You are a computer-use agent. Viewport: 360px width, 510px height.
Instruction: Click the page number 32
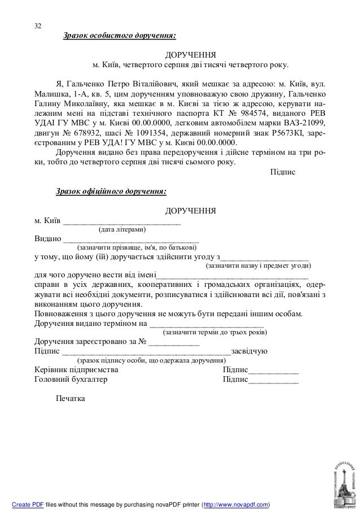tap(38, 27)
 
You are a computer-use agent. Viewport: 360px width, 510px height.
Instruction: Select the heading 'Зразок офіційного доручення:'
tap(111, 191)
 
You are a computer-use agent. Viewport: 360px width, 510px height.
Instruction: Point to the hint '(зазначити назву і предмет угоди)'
tap(258, 265)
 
